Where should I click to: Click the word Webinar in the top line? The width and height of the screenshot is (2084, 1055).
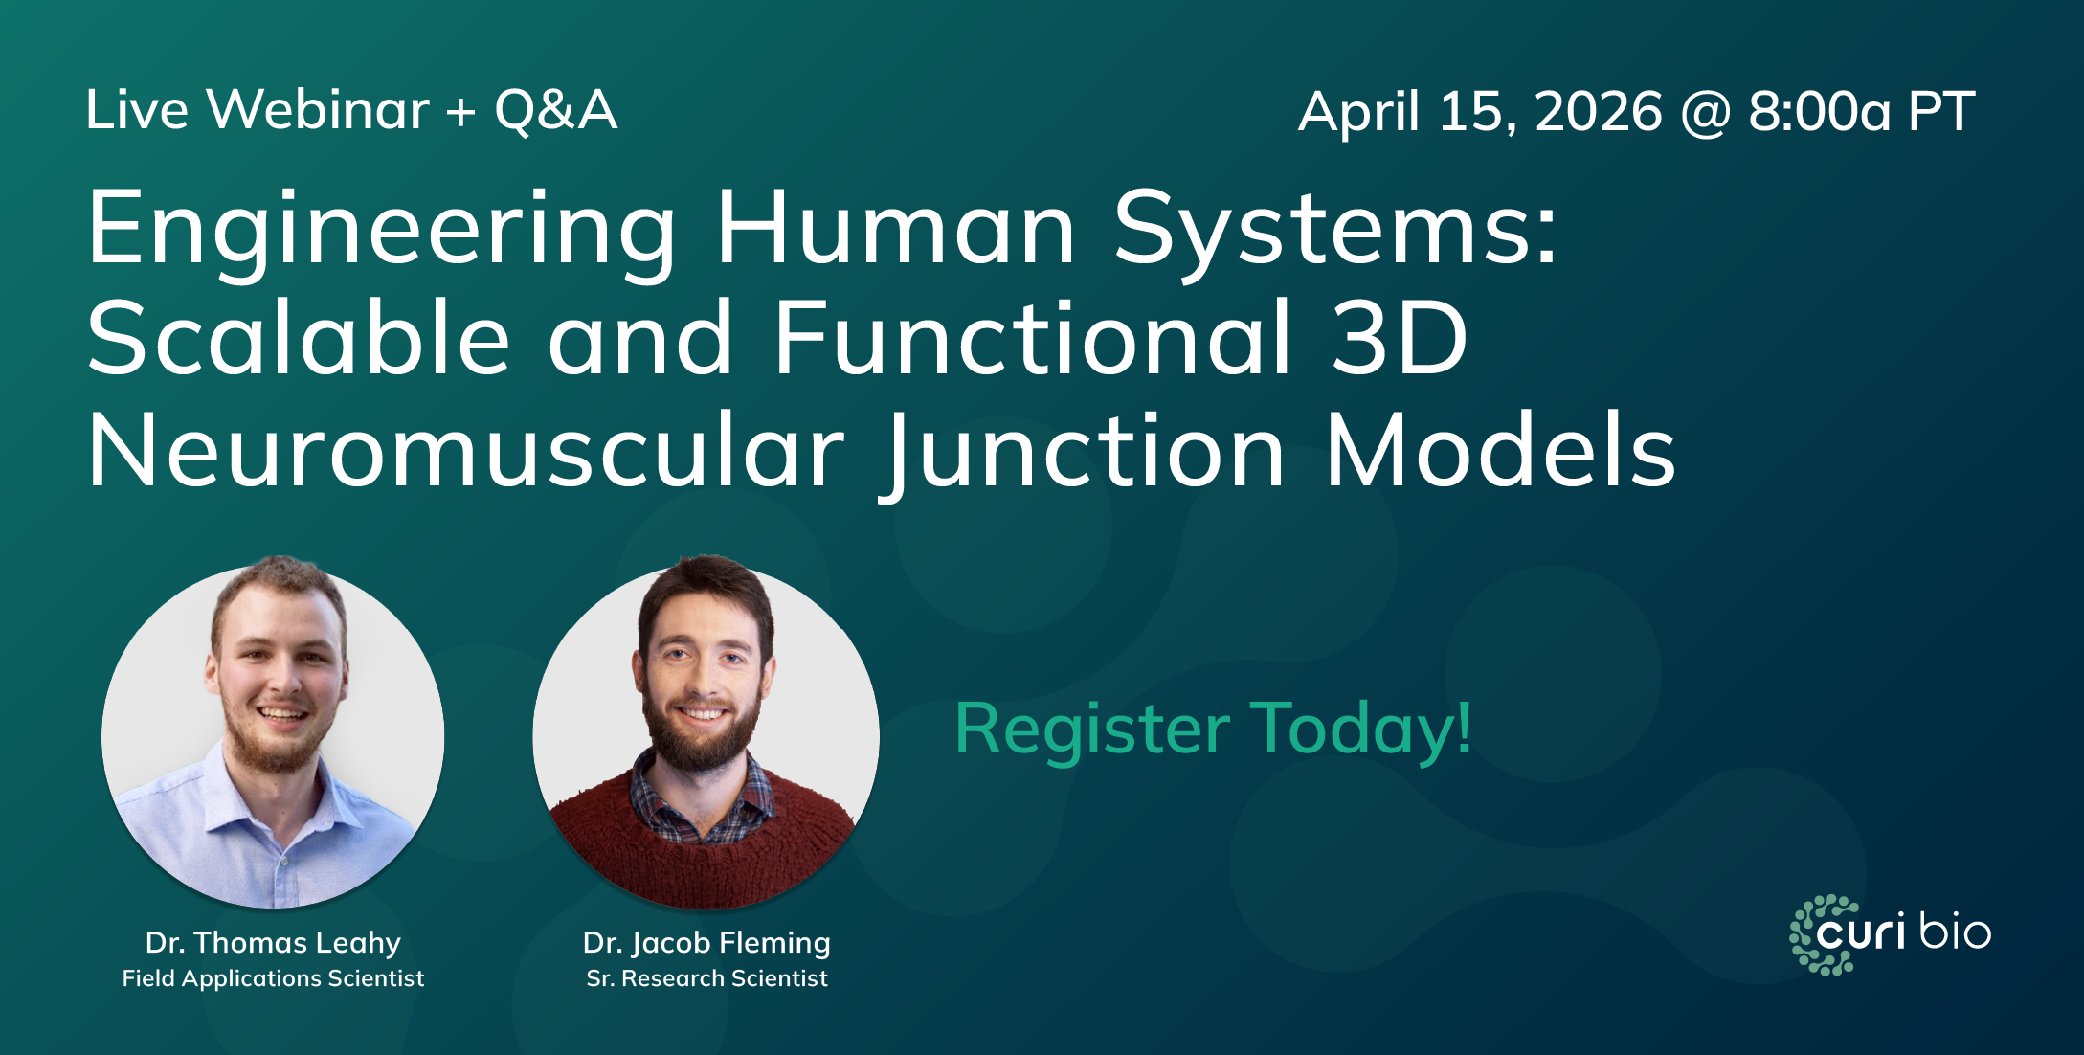[x=319, y=110]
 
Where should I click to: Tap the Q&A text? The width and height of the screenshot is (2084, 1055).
[x=555, y=110]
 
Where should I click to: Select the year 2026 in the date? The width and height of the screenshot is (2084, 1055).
[x=1599, y=112]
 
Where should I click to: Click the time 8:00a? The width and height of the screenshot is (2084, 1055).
[x=1819, y=112]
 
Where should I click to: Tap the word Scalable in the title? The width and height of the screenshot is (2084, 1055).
[x=299, y=340]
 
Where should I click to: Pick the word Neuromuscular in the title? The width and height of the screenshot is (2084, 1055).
[x=466, y=452]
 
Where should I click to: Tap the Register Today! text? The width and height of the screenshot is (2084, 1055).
[x=1213, y=730]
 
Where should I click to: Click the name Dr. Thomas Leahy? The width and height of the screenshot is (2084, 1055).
[x=273, y=943]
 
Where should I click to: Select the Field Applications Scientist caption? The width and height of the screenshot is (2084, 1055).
[x=273, y=978]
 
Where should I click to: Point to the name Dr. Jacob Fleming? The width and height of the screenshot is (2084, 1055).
[x=706, y=943]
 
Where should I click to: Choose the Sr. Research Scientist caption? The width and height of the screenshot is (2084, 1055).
[x=706, y=978]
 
